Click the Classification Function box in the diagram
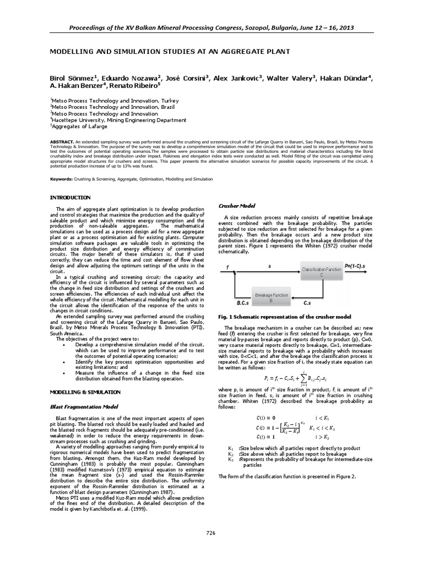[322, 272]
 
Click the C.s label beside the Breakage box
[310, 302]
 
